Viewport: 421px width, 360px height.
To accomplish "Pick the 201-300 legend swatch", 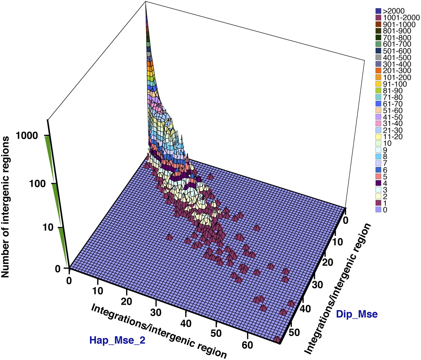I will (378, 70).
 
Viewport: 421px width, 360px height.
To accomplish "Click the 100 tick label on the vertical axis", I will (37, 184).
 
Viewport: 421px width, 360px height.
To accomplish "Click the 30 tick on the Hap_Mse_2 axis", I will (156, 312).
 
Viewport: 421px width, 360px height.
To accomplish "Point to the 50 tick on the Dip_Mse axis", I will (294, 332).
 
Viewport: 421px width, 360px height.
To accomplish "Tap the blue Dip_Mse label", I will (357, 314).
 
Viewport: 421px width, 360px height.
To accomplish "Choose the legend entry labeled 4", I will (385, 183).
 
